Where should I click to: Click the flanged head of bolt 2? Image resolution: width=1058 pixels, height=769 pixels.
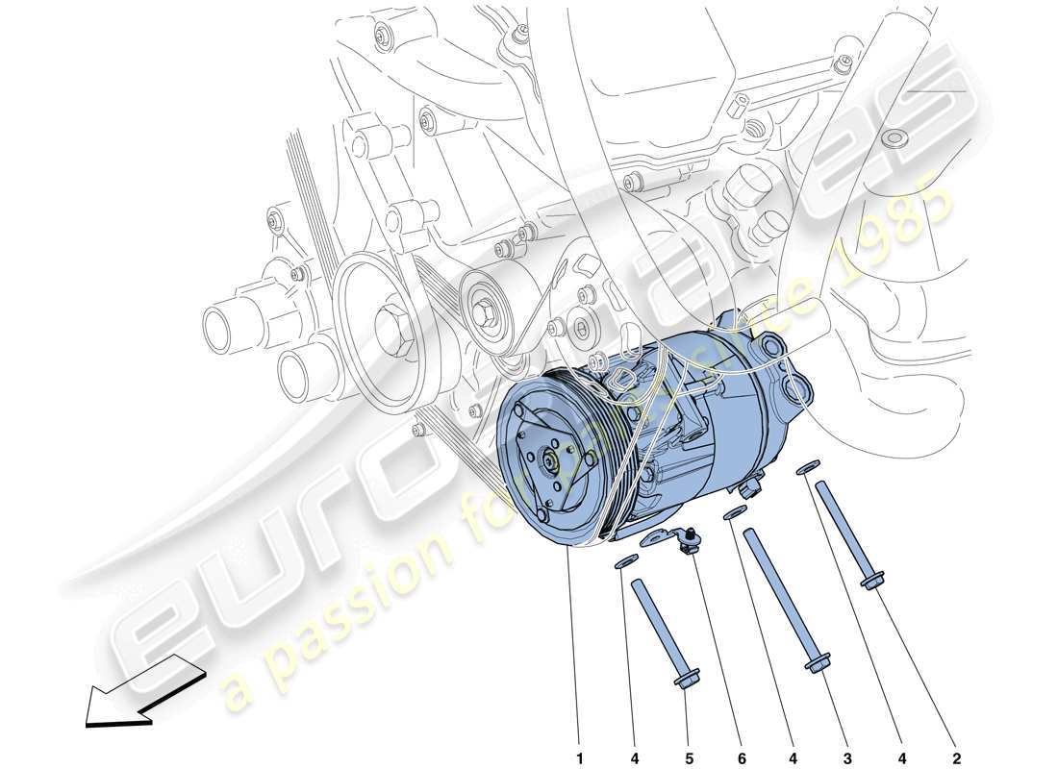873,582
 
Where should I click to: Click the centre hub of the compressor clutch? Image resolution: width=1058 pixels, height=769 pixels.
550,462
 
